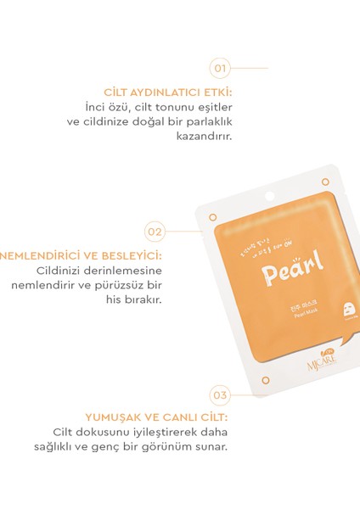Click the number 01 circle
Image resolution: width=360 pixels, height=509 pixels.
[x=221, y=67]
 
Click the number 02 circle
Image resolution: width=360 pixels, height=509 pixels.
[x=155, y=230]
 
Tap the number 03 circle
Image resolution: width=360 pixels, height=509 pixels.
[x=220, y=394]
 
